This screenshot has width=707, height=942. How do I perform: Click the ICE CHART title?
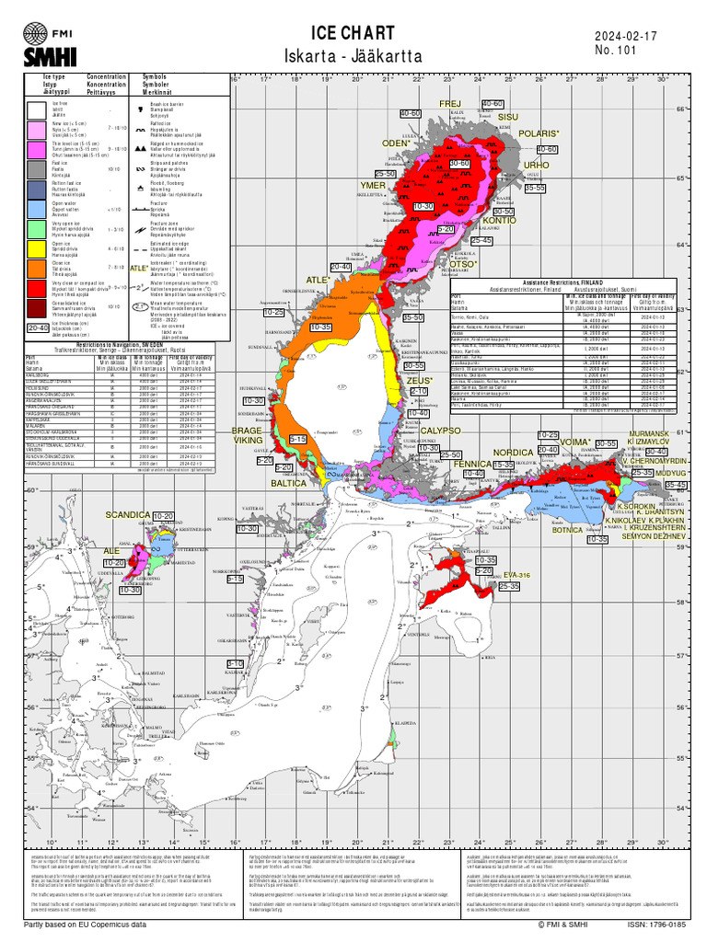[353, 33]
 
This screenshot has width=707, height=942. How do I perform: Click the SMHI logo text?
[43, 57]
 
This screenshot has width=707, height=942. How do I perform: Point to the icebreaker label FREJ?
[449, 103]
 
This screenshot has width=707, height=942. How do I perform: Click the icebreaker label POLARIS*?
[538, 134]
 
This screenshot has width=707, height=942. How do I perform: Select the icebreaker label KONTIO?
[500, 221]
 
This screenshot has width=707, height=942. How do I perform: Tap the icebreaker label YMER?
[373, 186]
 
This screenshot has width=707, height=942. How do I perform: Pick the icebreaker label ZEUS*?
[419, 380]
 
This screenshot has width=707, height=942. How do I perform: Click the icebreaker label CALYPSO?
[440, 431]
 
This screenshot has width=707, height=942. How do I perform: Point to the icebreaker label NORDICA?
[513, 453]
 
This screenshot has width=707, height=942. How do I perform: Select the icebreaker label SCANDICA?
[127, 515]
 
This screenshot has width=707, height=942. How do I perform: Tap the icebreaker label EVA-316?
[517, 575]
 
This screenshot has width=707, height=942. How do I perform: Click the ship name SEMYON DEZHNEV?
[655, 535]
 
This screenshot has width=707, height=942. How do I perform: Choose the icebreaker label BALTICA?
[288, 482]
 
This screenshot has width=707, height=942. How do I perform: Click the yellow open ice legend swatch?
[37, 247]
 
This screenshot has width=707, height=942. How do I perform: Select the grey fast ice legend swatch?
[37, 168]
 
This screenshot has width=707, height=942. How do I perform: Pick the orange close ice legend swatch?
[37, 268]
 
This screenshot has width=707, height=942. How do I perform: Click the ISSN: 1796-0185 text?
[656, 925]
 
